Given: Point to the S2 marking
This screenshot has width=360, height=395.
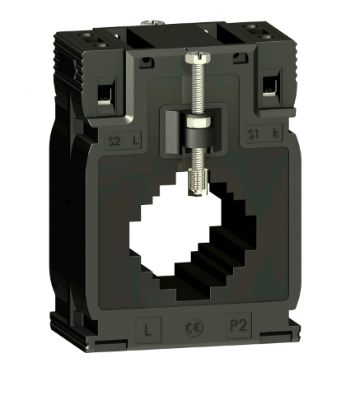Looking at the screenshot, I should click(x=115, y=140).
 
